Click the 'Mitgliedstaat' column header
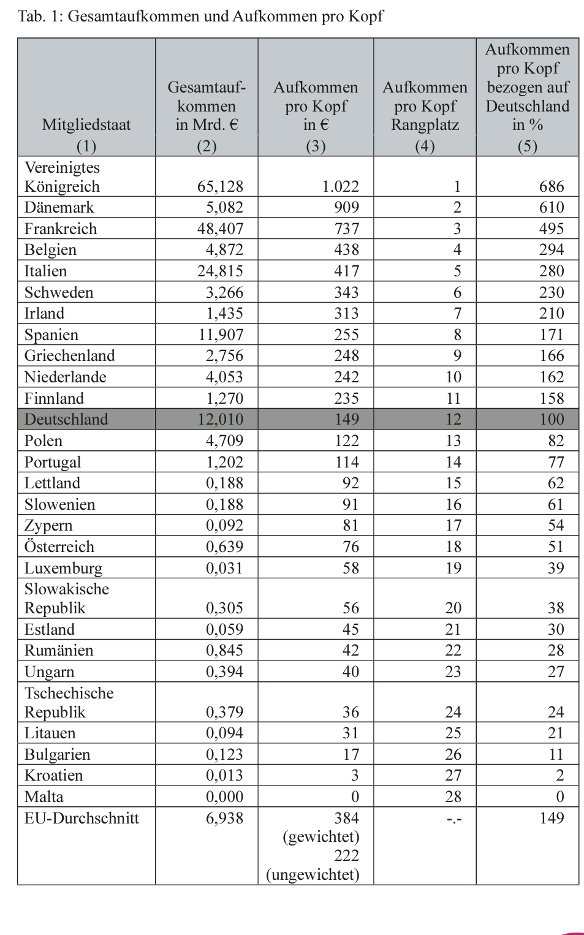[86, 125]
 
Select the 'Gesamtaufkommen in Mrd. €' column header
[207, 106]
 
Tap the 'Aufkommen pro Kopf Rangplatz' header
[425, 106]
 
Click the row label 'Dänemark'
[59, 207]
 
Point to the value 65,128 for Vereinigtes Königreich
[220, 186]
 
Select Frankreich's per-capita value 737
[346, 229]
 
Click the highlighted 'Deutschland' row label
[66, 419]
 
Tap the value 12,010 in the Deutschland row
[220, 419]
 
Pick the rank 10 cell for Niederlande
[453, 377]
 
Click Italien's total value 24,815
[220, 271]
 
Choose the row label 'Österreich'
[59, 547]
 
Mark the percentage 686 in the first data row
[552, 186]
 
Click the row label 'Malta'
[44, 797]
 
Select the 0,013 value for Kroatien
[224, 775]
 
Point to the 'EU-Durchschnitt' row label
[82, 818]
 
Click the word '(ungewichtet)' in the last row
[313, 874]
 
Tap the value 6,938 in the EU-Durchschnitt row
[224, 818]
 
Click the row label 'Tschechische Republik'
[69, 702]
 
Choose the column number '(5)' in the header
[527, 146]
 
